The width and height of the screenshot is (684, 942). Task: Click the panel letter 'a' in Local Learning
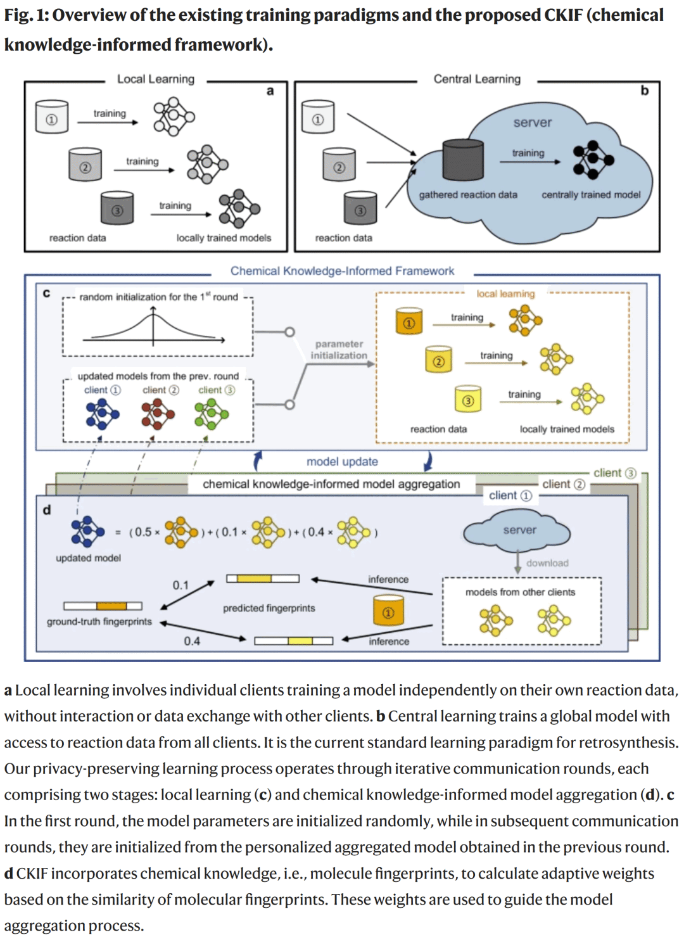[270, 91]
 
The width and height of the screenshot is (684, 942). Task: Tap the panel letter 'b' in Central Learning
[644, 91]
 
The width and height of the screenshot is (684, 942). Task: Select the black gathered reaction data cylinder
[463, 160]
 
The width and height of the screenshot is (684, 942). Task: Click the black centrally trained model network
[592, 160]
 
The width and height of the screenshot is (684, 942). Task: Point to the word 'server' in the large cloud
[532, 123]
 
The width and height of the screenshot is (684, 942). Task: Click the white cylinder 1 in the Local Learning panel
[52, 117]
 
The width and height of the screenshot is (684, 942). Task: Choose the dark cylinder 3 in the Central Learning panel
[360, 208]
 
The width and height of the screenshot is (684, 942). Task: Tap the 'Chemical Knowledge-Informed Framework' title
[342, 271]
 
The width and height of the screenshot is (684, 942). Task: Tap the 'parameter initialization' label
[339, 350]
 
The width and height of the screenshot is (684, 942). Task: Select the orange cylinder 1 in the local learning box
[409, 321]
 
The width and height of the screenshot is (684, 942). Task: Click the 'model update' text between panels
[342, 462]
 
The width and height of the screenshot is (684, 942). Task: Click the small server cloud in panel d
[517, 531]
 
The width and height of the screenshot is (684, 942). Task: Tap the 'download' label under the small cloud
[547, 563]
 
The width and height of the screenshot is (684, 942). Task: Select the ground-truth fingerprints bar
[103, 606]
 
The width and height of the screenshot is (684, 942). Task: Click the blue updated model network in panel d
[87, 531]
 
